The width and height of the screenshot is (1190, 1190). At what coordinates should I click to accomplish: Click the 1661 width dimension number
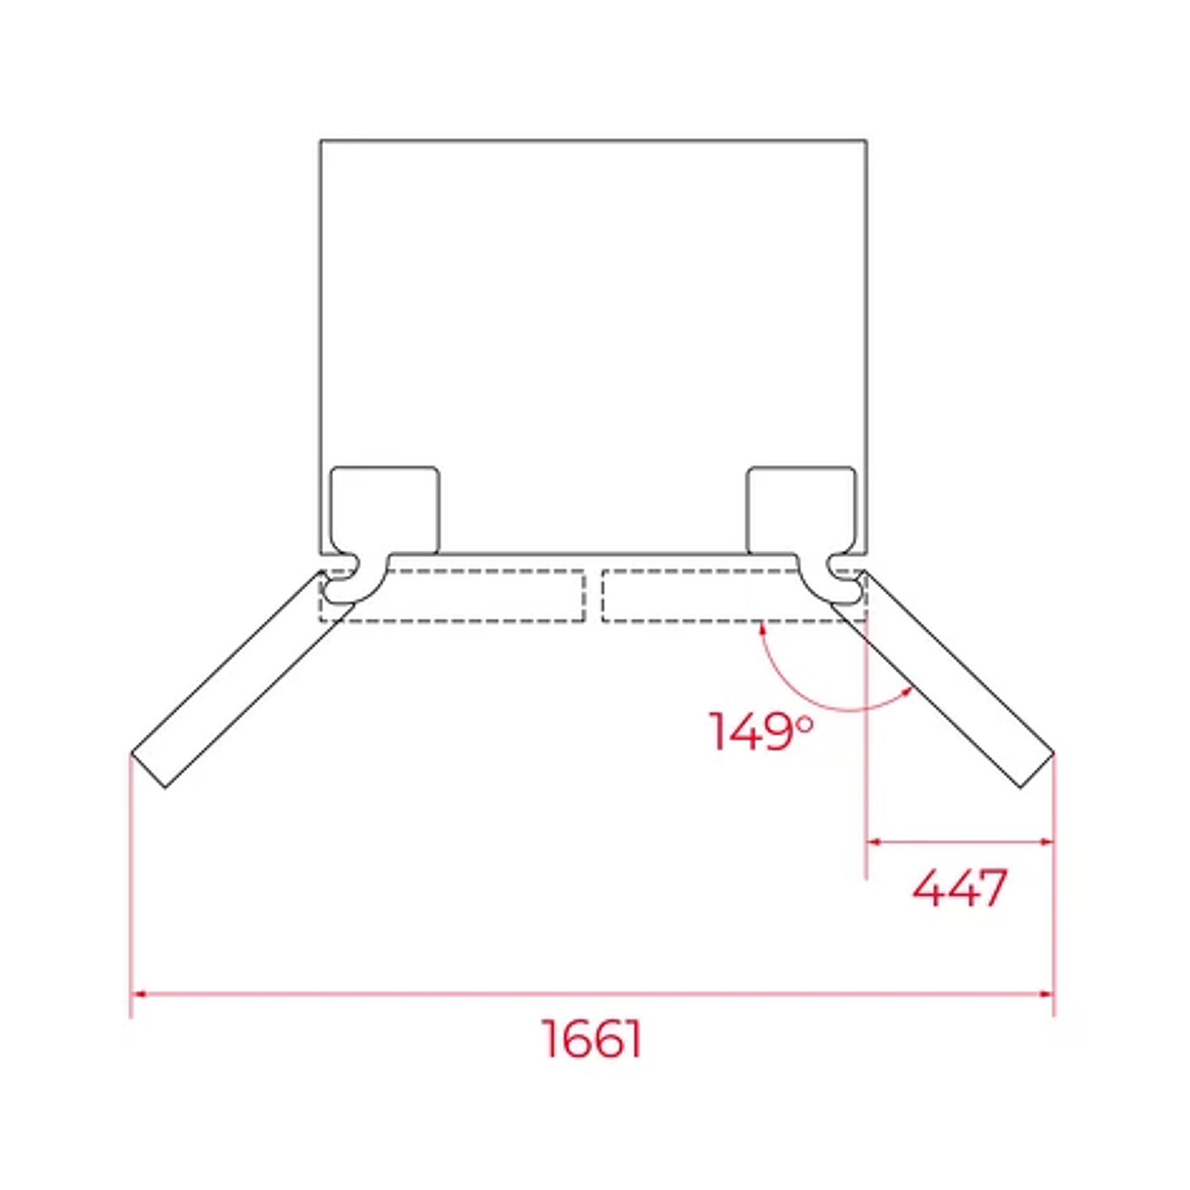point(592,1038)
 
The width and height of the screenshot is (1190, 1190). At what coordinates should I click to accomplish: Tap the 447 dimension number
point(960,888)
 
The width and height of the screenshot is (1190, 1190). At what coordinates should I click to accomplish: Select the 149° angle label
point(761,731)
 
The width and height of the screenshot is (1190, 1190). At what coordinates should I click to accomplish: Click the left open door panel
point(242,679)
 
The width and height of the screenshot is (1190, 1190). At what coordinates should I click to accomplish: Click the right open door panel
point(943,679)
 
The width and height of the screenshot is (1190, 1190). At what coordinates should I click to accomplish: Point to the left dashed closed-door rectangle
point(453,596)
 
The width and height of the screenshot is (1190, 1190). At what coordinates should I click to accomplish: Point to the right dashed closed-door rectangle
point(735,596)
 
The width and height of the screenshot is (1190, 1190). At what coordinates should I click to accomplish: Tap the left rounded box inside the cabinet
point(385,510)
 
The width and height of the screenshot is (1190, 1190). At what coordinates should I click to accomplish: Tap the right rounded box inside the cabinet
point(801,510)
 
